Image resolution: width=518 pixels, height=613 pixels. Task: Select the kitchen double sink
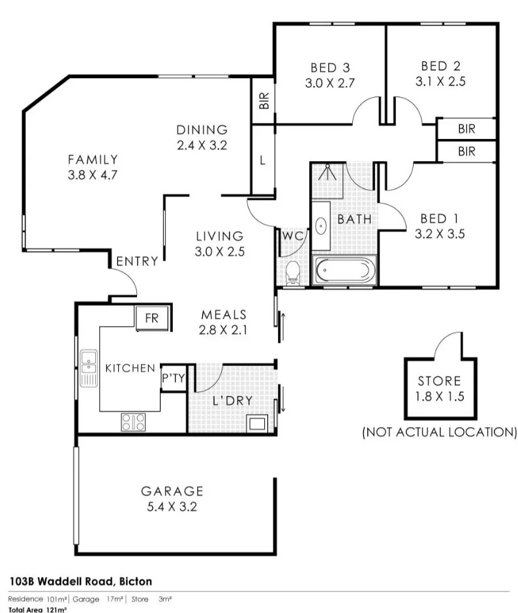point(89,368)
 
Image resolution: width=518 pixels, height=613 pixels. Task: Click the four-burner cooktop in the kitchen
point(133,422)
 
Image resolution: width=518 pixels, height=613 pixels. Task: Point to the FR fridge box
point(152,318)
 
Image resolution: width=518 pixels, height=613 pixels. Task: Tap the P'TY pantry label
point(174,378)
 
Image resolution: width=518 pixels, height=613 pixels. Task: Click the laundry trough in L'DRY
point(256,423)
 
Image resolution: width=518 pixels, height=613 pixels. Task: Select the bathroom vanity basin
point(321,226)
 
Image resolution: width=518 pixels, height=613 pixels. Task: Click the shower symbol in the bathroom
point(327,172)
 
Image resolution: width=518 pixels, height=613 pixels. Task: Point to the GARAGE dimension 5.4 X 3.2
point(172,507)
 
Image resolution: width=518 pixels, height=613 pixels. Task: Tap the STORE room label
point(439,381)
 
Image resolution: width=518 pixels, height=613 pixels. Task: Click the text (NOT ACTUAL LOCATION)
point(440,432)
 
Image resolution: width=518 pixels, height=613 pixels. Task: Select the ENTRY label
point(137,261)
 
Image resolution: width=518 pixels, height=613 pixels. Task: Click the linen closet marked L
point(262,160)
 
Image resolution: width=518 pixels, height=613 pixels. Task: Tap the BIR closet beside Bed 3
point(264,100)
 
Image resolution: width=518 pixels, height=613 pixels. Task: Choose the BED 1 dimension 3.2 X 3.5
point(440,233)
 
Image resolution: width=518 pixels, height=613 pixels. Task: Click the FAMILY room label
point(93,160)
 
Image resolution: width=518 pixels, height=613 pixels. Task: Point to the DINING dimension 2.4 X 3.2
point(202,145)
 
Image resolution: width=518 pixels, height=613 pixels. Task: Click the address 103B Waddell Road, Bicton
point(81,581)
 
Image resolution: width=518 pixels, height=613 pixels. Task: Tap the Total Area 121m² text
point(38,610)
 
